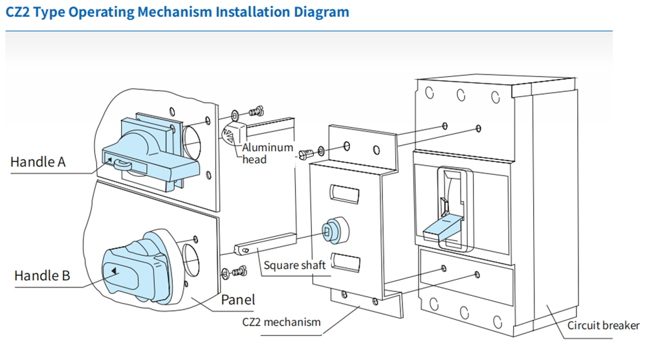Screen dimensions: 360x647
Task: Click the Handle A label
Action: (x=38, y=161)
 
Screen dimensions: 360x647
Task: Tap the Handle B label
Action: (x=42, y=275)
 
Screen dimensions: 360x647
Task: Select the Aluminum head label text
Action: (x=267, y=153)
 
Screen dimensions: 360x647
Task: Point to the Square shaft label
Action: (x=294, y=265)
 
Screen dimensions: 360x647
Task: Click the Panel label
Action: (x=238, y=299)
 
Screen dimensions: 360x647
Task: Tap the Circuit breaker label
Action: (x=604, y=325)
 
